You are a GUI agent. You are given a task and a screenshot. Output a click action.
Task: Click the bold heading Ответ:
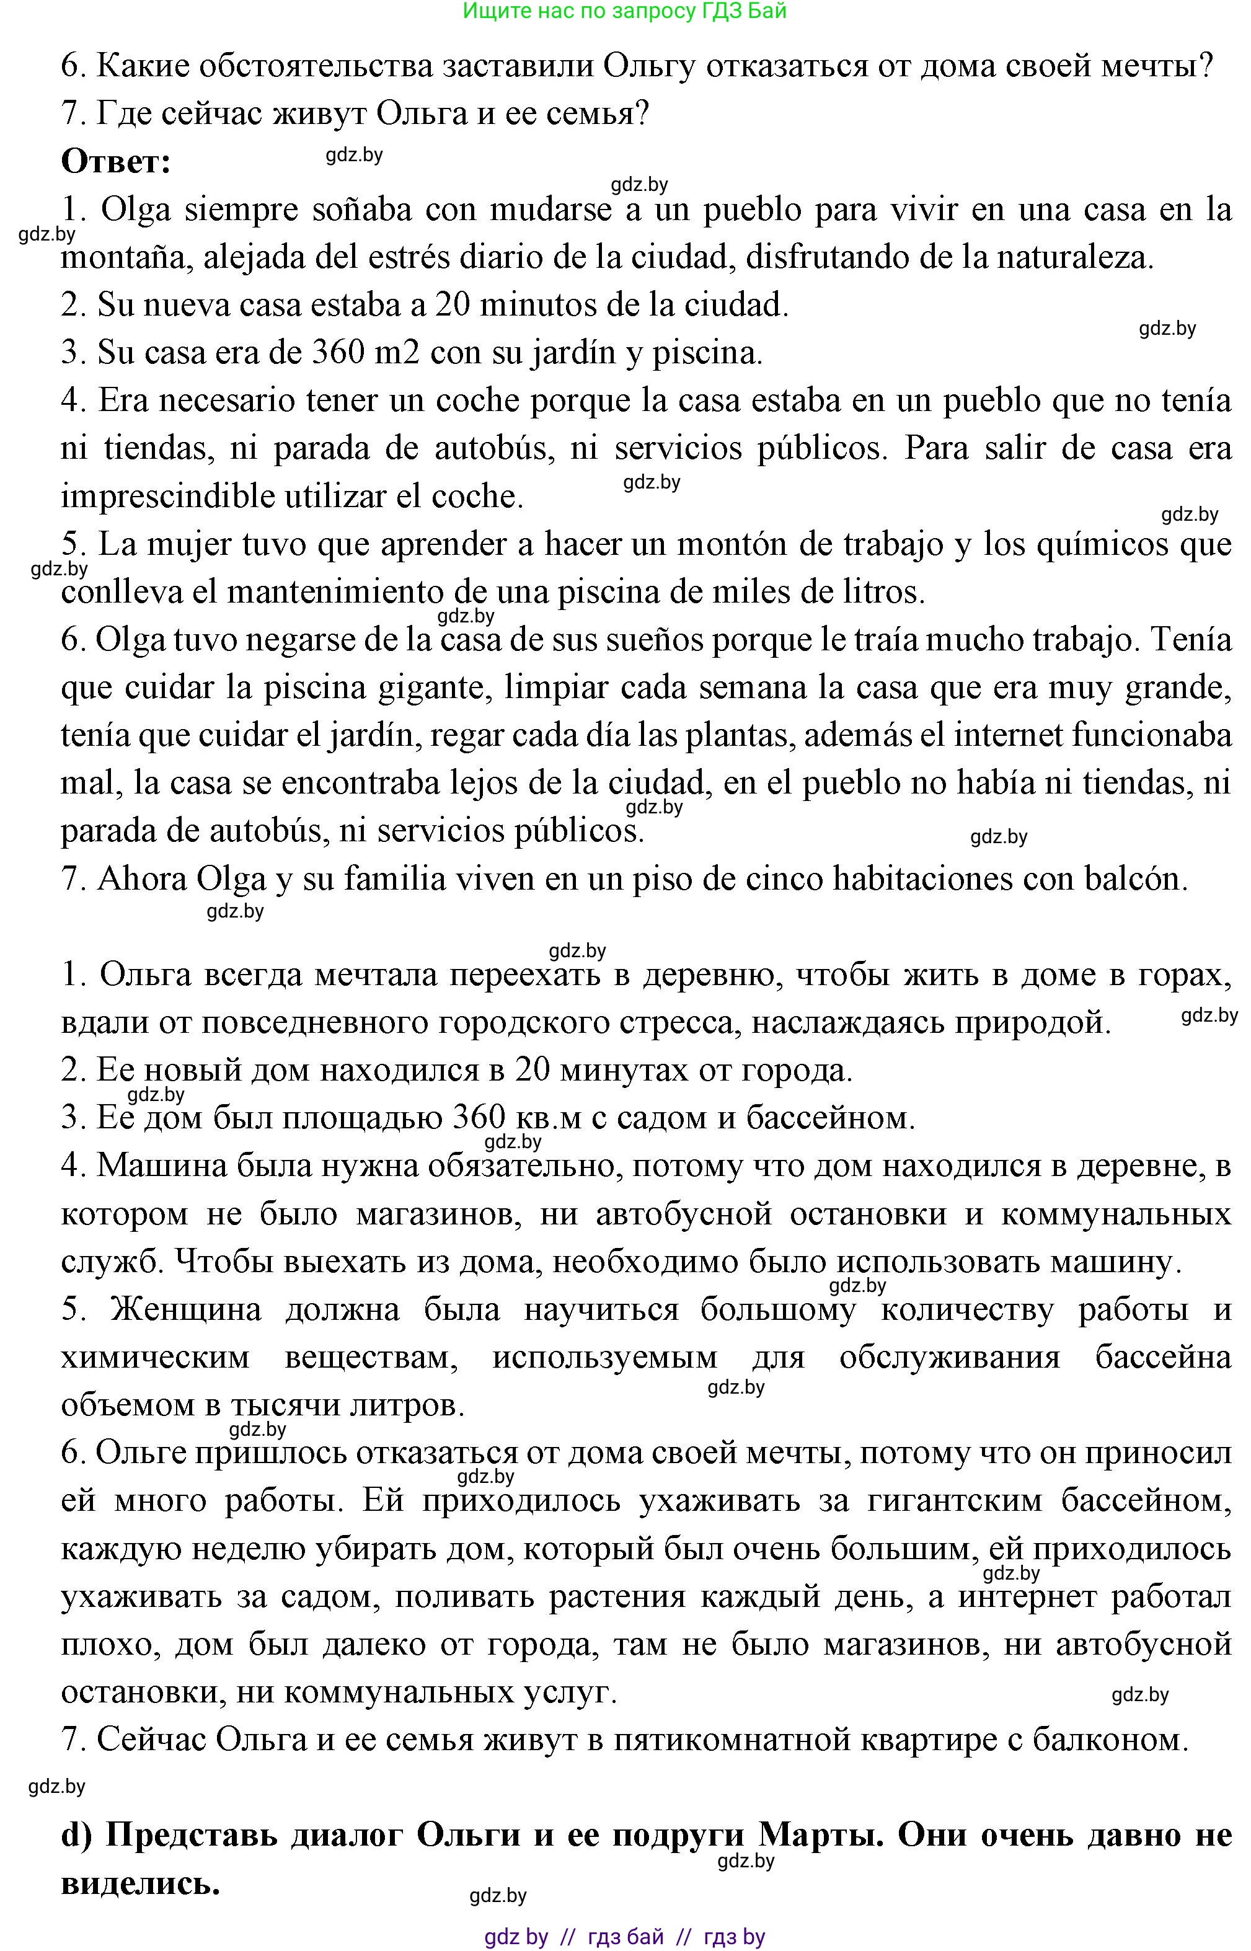[116, 162]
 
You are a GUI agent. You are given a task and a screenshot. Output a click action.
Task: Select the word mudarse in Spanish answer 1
[550, 210]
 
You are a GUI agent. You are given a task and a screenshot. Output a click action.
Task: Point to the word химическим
[155, 1357]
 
